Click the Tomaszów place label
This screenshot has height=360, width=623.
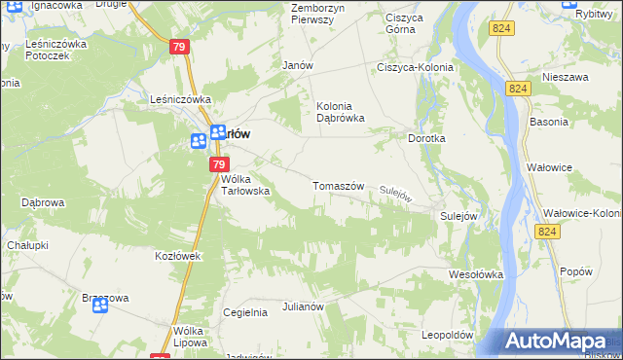point(338,186)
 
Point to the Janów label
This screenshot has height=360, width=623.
point(296,65)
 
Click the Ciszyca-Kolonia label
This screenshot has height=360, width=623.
point(417,67)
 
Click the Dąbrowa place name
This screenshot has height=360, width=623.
point(42,203)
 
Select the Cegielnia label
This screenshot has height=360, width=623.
point(245,312)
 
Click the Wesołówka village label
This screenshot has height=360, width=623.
point(475,274)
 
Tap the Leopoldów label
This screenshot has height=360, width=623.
point(447,335)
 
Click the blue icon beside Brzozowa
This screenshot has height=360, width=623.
point(100,306)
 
